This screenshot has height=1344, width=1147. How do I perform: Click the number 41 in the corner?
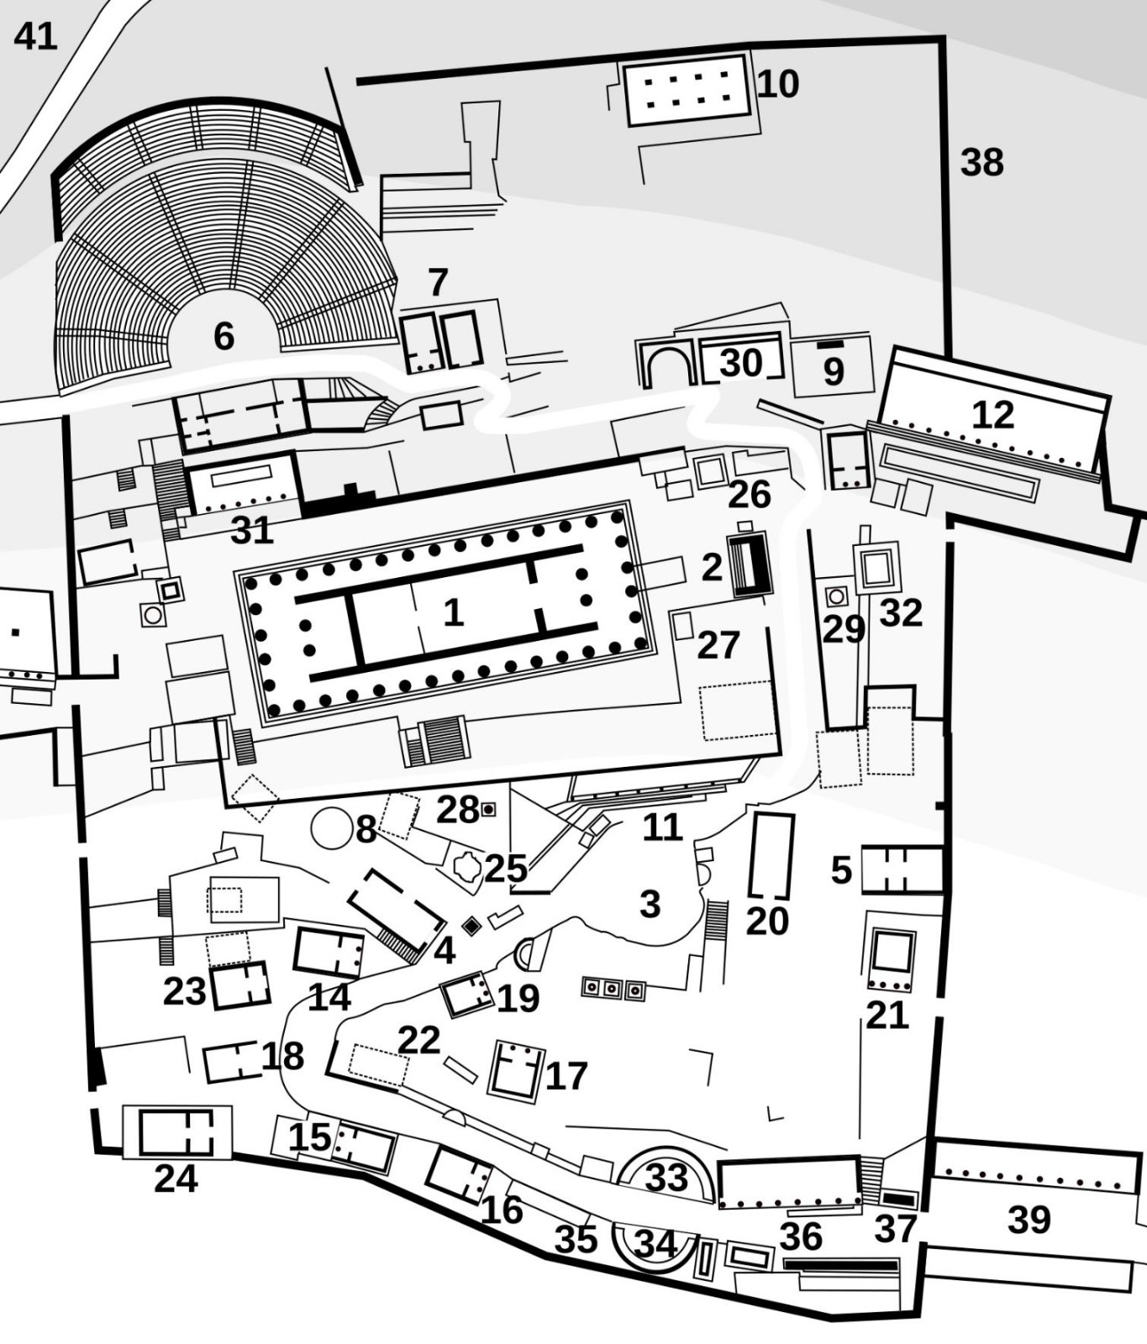(35, 36)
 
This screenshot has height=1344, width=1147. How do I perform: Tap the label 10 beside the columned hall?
(778, 84)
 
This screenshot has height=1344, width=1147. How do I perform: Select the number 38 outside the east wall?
(981, 162)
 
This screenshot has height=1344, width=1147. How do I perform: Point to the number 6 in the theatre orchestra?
(224, 336)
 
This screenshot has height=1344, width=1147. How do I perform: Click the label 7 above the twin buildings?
(438, 283)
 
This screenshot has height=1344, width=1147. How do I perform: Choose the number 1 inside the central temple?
(453, 612)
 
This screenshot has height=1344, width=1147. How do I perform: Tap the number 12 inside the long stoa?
(992, 415)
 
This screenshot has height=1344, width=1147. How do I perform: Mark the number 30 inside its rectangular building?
(741, 363)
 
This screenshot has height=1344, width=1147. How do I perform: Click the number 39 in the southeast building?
(1029, 1219)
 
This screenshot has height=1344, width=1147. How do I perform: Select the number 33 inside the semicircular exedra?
(666, 1178)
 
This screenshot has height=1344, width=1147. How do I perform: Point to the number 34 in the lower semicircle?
(656, 1244)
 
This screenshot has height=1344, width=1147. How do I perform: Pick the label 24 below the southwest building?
(176, 1179)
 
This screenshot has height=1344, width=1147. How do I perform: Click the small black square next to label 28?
(487, 809)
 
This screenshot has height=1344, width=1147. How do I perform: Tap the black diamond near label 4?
(472, 926)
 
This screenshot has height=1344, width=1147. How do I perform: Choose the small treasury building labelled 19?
(468, 994)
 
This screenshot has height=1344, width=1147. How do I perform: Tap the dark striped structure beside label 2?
(750, 565)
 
